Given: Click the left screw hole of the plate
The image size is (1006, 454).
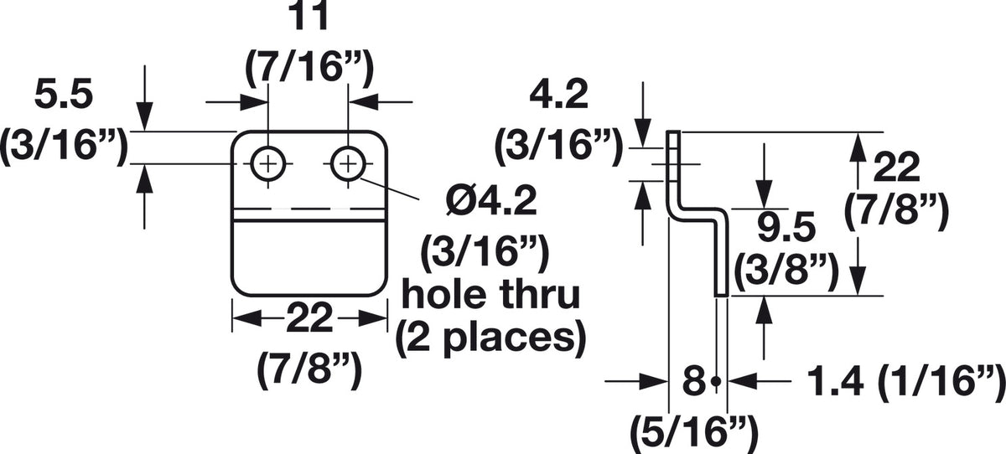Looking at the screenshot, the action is point(268,164).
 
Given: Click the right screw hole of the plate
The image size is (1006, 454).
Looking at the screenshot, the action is point(348,164).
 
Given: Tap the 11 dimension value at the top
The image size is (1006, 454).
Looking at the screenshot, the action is point(310,16).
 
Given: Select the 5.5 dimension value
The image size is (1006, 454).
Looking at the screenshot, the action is point(64,95).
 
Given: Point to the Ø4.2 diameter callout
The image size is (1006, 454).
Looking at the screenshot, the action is point(490,201).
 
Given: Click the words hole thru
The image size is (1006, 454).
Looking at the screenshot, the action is point(491,294).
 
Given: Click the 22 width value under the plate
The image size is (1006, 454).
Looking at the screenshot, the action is point(309,318).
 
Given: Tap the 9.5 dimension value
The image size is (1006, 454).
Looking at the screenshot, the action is point(786,228).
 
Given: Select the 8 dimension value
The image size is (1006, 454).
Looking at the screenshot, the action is point(694,381).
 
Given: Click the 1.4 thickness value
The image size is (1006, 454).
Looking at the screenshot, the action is point(836,381).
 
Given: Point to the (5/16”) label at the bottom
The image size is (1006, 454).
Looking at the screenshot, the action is point(694,432).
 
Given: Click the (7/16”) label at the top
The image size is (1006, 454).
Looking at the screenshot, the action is point(310,67).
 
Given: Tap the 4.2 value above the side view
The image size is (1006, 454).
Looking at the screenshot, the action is point(558,95).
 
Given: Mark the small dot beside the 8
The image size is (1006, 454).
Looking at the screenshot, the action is point(717,381).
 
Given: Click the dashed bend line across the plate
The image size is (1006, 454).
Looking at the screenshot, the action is point(309,209).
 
